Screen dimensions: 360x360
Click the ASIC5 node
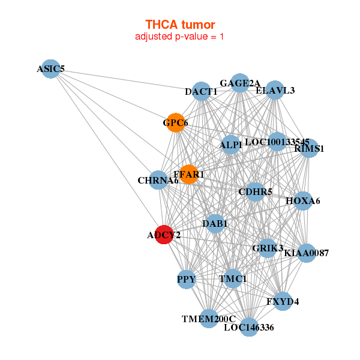(x=51, y=69)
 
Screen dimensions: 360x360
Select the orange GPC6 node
(x=175, y=123)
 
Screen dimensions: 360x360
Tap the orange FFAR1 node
(x=189, y=175)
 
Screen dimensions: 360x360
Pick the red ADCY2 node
(x=165, y=235)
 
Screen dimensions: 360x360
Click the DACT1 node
(x=202, y=91)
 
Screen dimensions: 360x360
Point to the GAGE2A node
(x=239, y=83)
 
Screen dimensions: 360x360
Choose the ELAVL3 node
(x=275, y=90)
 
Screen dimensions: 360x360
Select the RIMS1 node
(x=308, y=148)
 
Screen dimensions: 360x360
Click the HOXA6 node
(x=302, y=200)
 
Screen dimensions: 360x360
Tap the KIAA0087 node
(x=306, y=253)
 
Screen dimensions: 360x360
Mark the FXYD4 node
(x=283, y=301)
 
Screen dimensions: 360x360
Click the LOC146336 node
(x=249, y=327)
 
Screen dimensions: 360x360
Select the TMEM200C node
(x=209, y=319)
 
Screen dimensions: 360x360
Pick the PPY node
(x=187, y=279)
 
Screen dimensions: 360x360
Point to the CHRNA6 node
(x=158, y=180)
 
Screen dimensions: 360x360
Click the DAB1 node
(x=215, y=224)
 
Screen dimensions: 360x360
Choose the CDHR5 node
(x=256, y=192)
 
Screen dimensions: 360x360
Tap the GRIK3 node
(x=268, y=247)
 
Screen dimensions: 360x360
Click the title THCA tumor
(x=180, y=25)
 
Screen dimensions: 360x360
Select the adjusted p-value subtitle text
(x=180, y=37)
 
